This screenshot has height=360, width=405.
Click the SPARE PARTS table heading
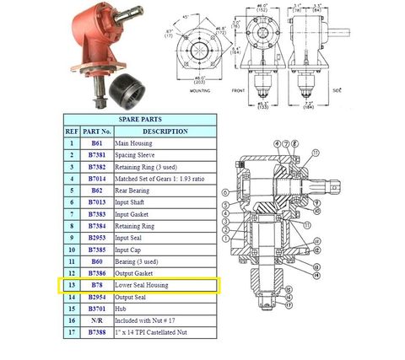(x=141, y=119)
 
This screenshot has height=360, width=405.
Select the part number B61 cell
(x=96, y=143)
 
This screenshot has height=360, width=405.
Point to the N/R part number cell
(x=96, y=321)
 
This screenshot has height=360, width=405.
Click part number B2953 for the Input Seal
(x=96, y=239)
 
